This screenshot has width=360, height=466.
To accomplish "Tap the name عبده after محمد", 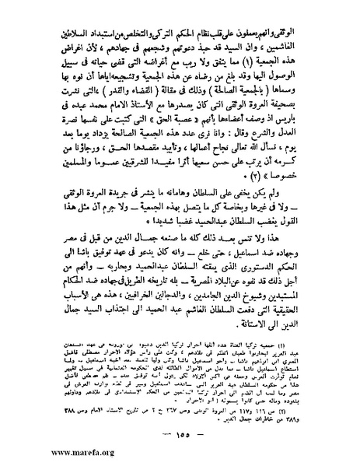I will click(x=93, y=106).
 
